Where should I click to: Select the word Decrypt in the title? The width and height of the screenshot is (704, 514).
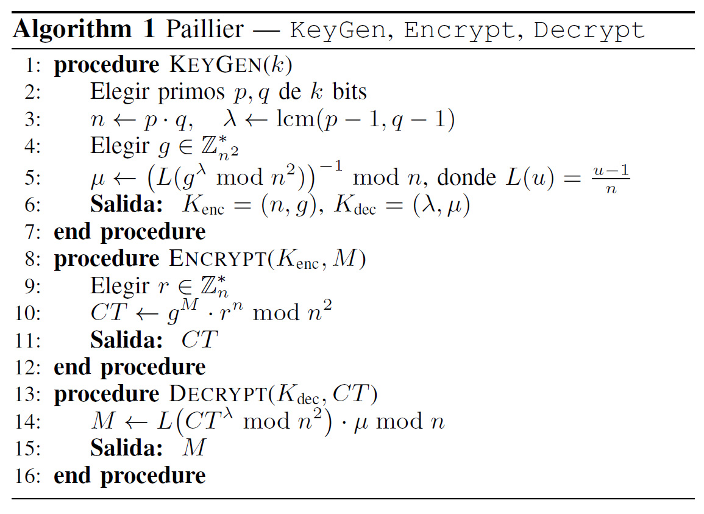click(x=589, y=30)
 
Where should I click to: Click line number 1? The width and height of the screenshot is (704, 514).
click(x=33, y=65)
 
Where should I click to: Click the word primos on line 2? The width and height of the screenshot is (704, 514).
click(x=191, y=91)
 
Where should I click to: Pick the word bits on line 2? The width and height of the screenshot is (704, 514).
click(x=349, y=91)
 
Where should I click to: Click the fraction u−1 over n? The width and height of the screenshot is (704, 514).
click(x=611, y=178)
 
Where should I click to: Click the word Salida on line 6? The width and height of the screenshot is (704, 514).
click(x=126, y=204)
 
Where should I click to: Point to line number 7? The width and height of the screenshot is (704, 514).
click(x=33, y=232)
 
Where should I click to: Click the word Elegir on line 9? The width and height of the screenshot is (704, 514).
click(x=119, y=286)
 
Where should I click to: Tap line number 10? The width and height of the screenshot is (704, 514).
click(x=28, y=313)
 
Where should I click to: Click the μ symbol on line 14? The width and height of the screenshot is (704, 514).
click(x=361, y=423)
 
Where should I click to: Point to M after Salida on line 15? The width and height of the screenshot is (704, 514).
click(x=194, y=448)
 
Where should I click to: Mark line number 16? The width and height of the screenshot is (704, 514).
click(x=28, y=476)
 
